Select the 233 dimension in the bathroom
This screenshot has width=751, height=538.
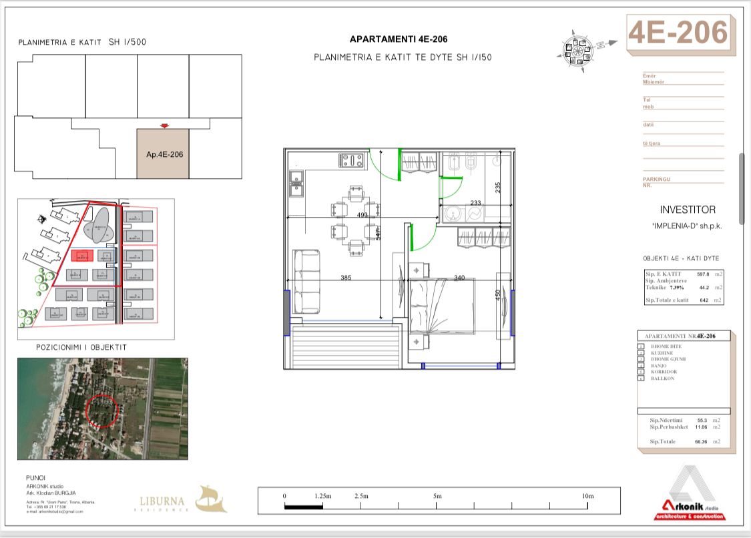475,203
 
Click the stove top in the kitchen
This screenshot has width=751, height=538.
352,161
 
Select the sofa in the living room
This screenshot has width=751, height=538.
307,280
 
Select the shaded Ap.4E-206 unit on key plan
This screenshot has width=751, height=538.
164,154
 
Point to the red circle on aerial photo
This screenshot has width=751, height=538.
102,410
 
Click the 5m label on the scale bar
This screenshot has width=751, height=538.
437,496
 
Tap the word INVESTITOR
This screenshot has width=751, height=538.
687,210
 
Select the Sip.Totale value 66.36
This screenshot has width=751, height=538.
701,442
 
